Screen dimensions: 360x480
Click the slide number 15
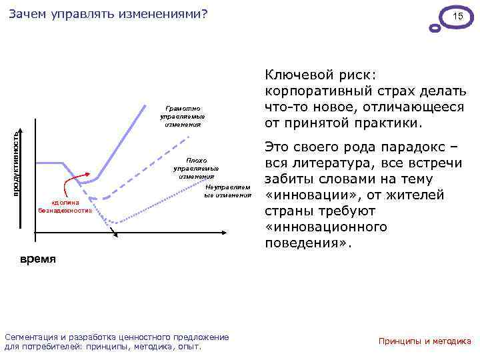coord(457,16)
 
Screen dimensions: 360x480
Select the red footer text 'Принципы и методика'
coord(425,341)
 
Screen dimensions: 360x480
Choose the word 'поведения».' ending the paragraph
coord(307,243)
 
